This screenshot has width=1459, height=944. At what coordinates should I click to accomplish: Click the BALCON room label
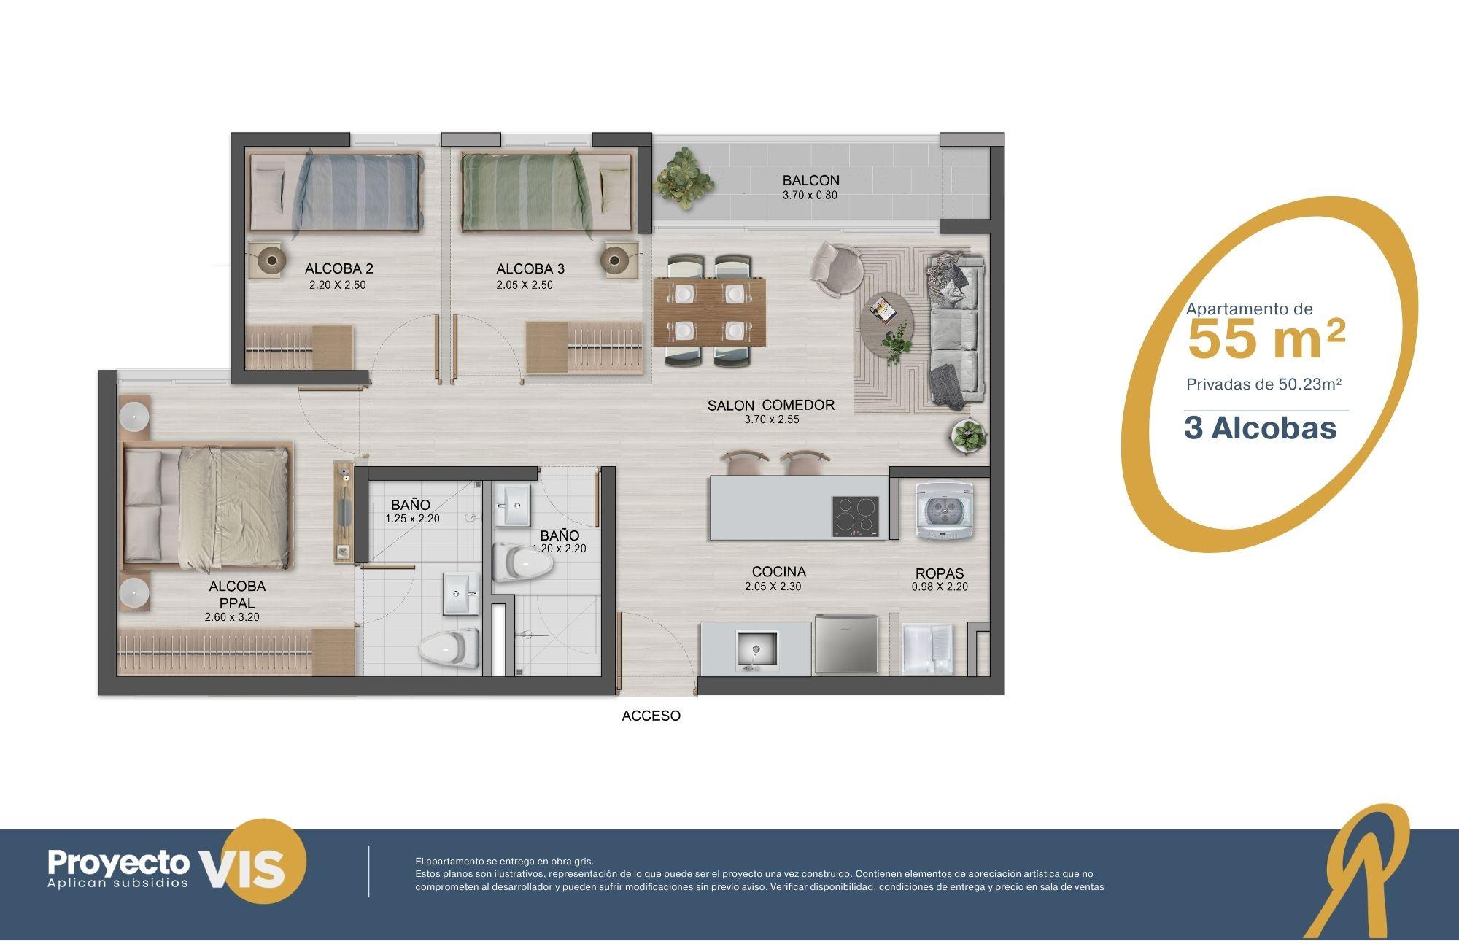810,180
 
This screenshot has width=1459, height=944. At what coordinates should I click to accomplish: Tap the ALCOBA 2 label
338,268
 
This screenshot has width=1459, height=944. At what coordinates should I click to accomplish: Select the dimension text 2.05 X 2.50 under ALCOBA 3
525,285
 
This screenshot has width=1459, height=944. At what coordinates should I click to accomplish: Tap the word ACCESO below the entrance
651,716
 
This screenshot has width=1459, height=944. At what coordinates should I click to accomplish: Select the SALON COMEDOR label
771,405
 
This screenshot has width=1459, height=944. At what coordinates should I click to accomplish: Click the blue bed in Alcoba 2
335,192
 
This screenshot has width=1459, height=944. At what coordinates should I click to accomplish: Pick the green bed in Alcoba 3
546,192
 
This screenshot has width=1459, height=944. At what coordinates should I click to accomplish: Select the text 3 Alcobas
1260,428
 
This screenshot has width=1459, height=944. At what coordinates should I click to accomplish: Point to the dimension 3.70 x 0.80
810,196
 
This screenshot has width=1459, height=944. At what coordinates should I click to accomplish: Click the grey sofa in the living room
954,329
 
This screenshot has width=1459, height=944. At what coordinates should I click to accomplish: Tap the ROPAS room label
940,573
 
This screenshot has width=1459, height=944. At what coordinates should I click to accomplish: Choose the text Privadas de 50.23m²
1264,384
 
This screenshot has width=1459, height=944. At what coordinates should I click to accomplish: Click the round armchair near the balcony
836,269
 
